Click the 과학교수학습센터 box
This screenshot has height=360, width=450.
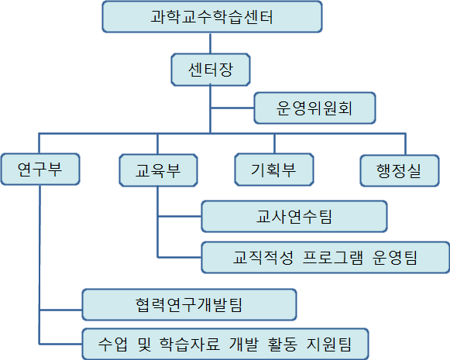click(212, 17)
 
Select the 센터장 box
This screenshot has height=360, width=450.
click(211, 70)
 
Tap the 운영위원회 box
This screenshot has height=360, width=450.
click(314, 108)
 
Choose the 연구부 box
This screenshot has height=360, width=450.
click(40, 170)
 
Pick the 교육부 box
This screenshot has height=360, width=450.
click(158, 170)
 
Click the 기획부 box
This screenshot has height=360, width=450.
click(274, 170)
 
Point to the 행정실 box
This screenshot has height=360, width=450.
click(400, 171)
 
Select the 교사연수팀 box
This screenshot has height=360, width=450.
click(294, 217)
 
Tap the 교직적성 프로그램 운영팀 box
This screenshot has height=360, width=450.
click(325, 258)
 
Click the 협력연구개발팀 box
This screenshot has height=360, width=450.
click(189, 304)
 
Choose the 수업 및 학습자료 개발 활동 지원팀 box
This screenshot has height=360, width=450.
click(225, 344)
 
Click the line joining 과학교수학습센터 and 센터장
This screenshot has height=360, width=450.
click(211, 43)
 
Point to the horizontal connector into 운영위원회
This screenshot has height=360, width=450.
click(232, 108)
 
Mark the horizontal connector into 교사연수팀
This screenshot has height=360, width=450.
click(180, 216)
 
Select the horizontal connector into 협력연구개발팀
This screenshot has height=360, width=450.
click(61, 310)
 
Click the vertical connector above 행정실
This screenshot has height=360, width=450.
click(405, 144)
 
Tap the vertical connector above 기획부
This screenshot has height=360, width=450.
click(274, 143)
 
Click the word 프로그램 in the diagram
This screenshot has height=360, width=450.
click(333, 258)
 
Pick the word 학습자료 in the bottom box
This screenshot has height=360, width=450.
click(190, 345)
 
